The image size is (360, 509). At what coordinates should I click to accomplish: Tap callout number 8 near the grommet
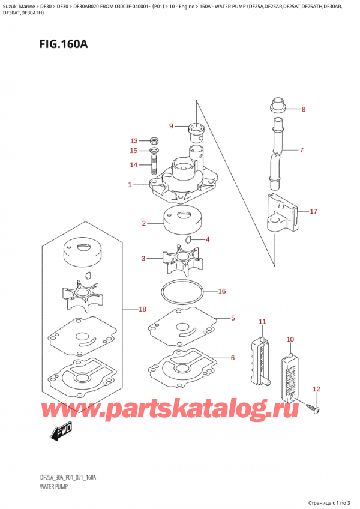point(303,110)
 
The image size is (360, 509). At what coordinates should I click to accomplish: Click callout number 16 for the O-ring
point(221,291)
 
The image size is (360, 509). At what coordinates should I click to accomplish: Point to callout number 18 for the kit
point(142,309)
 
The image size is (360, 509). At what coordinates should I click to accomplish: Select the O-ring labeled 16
point(183,294)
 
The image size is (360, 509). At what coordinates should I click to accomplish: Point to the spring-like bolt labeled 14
point(154,165)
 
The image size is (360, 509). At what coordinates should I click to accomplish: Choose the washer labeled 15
point(154,150)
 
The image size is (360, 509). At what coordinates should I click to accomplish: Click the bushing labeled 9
point(196,129)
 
